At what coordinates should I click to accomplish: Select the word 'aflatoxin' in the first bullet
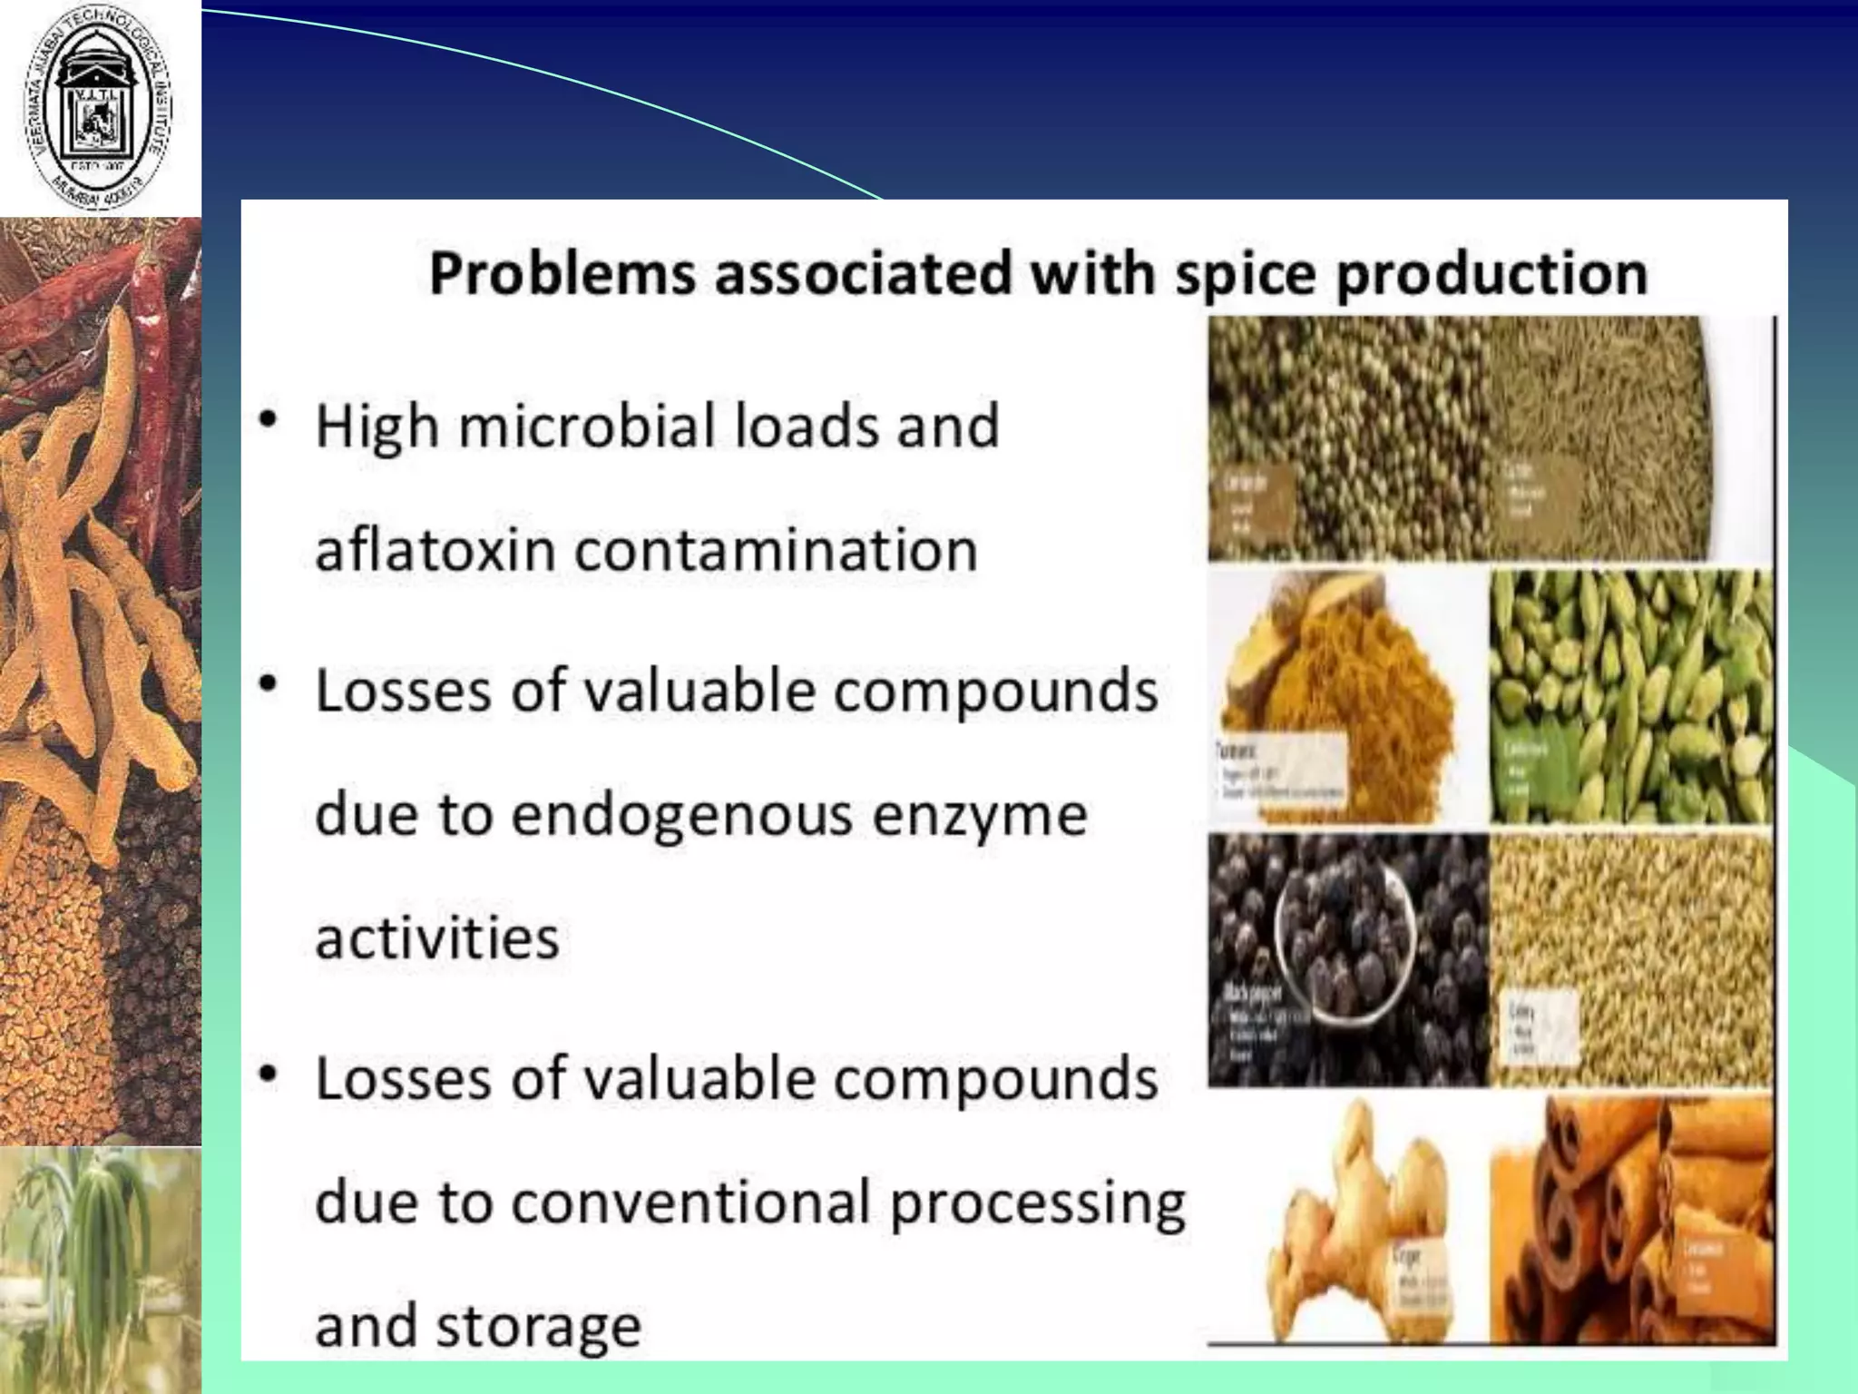pyautogui.click(x=435, y=550)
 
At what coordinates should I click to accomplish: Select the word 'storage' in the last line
pyautogui.click(x=539, y=1326)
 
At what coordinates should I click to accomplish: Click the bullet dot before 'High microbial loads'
pyautogui.click(x=268, y=422)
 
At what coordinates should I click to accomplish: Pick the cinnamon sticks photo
pyautogui.click(x=1631, y=1221)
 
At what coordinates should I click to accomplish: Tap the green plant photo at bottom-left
pyautogui.click(x=100, y=1271)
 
